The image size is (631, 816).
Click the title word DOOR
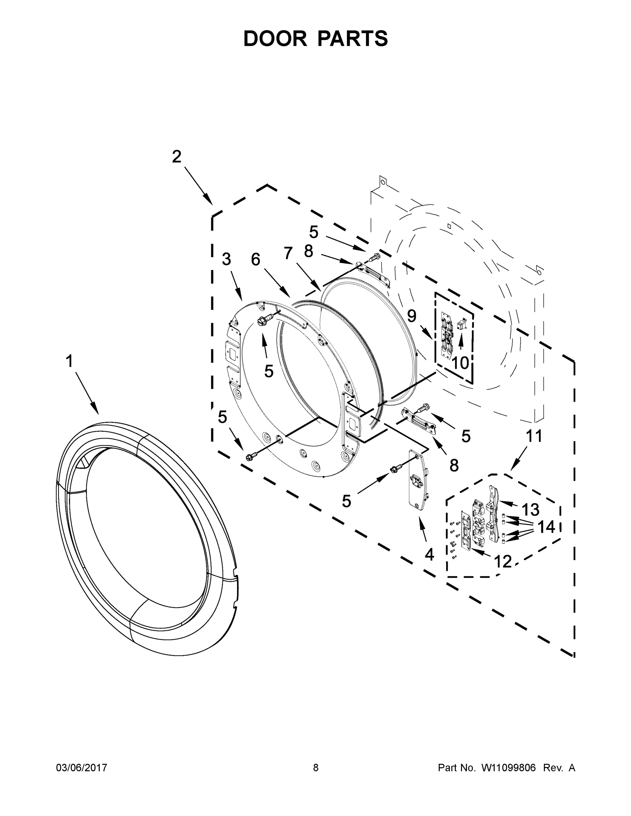(x=275, y=38)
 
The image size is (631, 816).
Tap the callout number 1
(x=69, y=361)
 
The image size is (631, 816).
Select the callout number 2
(x=177, y=156)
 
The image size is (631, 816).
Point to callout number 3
(x=227, y=259)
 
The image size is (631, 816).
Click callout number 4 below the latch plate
(x=429, y=555)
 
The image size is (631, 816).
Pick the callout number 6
(x=256, y=259)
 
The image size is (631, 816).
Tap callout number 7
(x=288, y=253)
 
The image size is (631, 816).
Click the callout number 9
(x=412, y=316)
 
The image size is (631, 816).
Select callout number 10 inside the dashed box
(x=460, y=362)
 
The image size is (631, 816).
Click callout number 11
(x=534, y=436)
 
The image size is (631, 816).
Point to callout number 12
(x=503, y=561)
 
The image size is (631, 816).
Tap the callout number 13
(x=530, y=510)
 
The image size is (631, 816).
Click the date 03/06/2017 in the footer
(x=82, y=768)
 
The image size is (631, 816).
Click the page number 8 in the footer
(x=316, y=768)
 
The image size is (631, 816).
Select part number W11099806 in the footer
(x=509, y=768)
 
